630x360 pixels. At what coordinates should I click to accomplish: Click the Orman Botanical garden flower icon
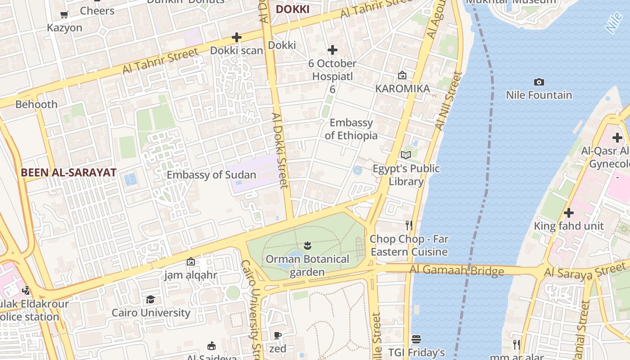[x=308, y=246]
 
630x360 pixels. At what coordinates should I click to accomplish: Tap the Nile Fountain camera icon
[x=539, y=82]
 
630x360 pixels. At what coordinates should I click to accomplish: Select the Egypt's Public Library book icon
[x=406, y=155]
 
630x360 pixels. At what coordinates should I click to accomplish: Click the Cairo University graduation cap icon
[x=150, y=299]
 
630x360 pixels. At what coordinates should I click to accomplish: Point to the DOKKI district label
[x=292, y=9]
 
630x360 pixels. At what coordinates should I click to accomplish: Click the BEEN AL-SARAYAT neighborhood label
[x=68, y=172]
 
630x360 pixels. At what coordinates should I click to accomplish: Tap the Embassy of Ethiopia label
[x=351, y=129]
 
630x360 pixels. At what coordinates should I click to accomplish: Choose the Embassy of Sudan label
[x=211, y=175]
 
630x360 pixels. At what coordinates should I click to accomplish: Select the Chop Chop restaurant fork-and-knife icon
[x=409, y=225]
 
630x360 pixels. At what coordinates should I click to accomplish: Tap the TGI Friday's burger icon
[x=416, y=339]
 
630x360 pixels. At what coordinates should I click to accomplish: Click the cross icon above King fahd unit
[x=569, y=212]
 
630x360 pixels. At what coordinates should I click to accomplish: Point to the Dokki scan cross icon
[x=237, y=37]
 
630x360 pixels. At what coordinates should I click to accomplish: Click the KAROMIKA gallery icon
[x=402, y=75]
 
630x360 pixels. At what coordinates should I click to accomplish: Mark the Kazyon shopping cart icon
[x=64, y=14]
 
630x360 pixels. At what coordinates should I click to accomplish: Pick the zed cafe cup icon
[x=278, y=335]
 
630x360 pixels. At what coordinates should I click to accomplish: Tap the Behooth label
[x=36, y=104]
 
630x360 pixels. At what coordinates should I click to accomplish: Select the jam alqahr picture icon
[x=191, y=261]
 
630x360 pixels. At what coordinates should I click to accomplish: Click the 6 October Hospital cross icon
[x=333, y=49]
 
